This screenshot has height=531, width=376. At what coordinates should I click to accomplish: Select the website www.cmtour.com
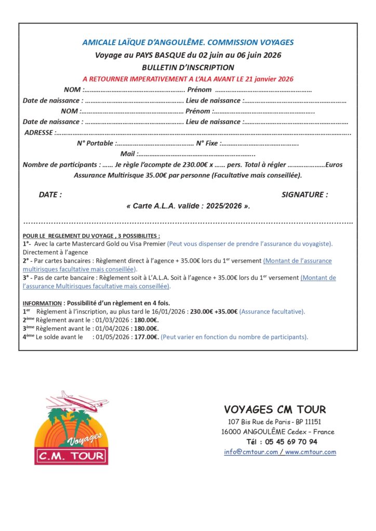tap(311, 452)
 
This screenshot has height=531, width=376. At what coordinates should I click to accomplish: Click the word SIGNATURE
tap(304, 195)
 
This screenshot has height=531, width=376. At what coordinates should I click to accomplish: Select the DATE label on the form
tap(50, 195)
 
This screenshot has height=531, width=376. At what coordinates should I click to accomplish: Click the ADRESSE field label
tap(39, 133)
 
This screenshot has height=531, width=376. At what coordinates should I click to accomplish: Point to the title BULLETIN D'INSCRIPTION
tap(187, 67)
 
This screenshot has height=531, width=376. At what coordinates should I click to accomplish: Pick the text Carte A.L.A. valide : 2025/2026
tap(187, 206)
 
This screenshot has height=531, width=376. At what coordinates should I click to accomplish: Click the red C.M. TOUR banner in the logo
tap(72, 456)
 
